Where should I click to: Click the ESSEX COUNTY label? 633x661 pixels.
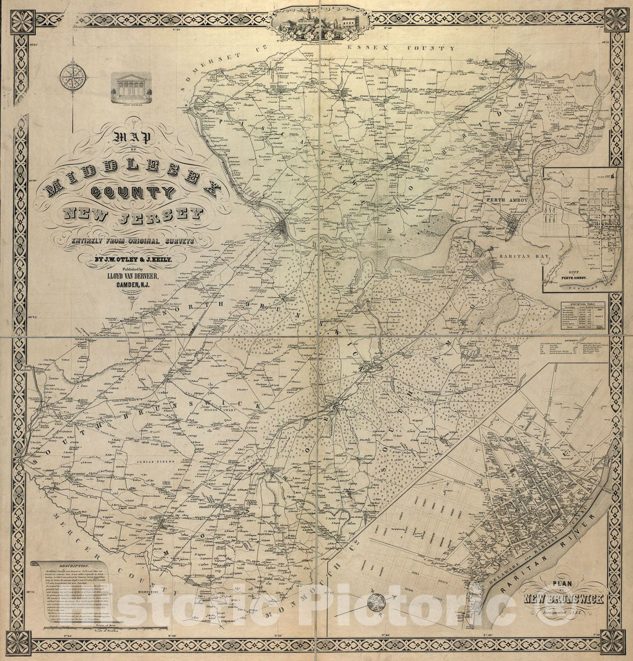coord(401,48)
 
